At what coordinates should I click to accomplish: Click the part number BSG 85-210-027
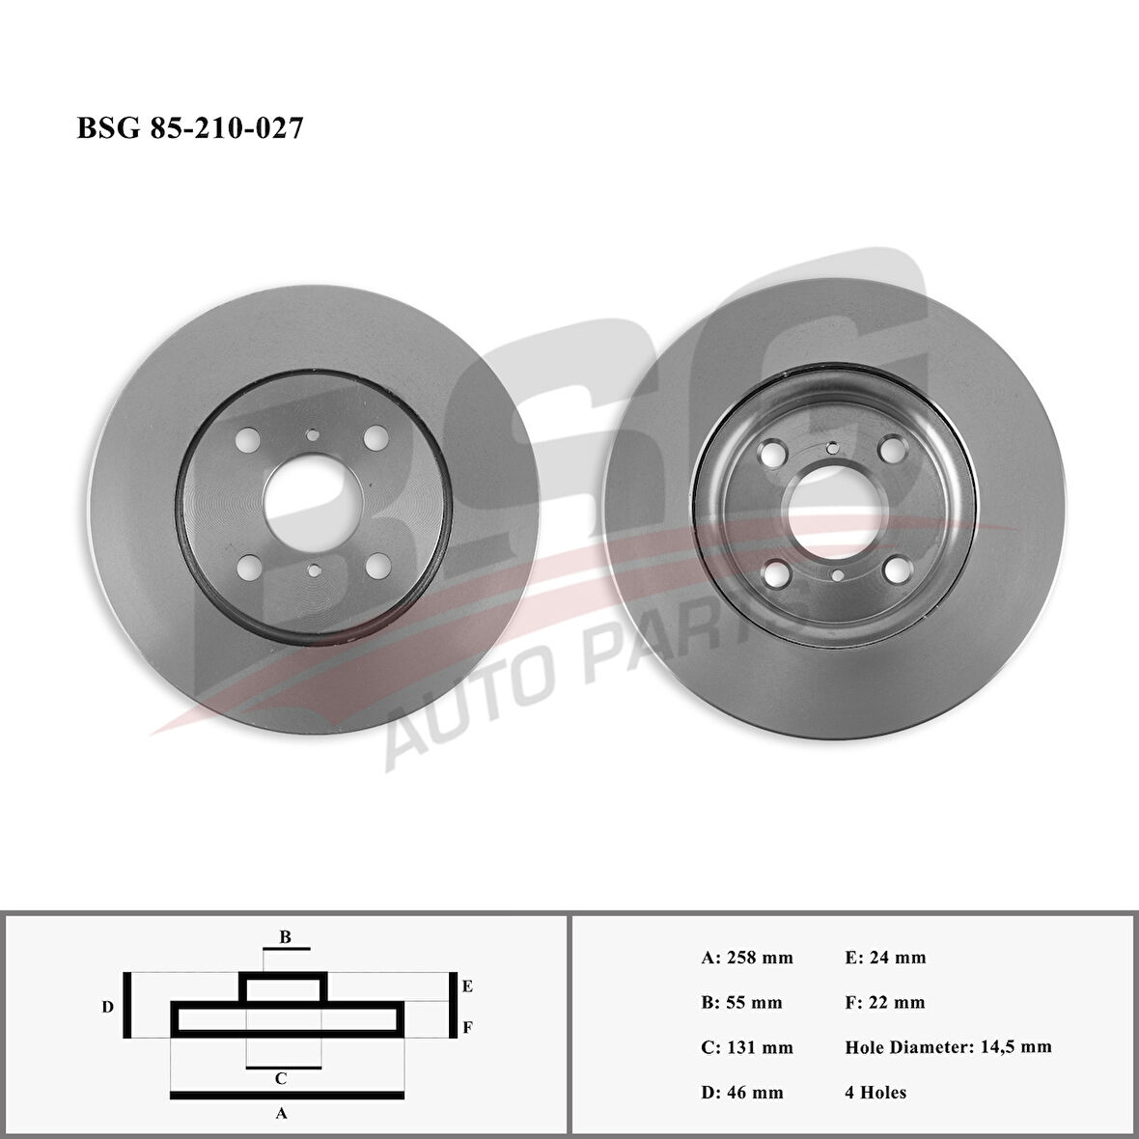(x=189, y=127)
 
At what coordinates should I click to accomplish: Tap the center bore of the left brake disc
(x=313, y=504)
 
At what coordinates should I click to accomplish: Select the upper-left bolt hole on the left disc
(x=248, y=439)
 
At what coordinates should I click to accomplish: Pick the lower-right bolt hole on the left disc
(x=378, y=566)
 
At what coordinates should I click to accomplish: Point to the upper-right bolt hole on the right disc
(x=893, y=448)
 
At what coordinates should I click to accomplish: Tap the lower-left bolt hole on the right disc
(x=776, y=574)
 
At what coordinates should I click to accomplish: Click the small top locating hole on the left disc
(x=313, y=435)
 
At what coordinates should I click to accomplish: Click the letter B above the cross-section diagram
(x=286, y=937)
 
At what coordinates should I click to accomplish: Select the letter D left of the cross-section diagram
(x=107, y=1007)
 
